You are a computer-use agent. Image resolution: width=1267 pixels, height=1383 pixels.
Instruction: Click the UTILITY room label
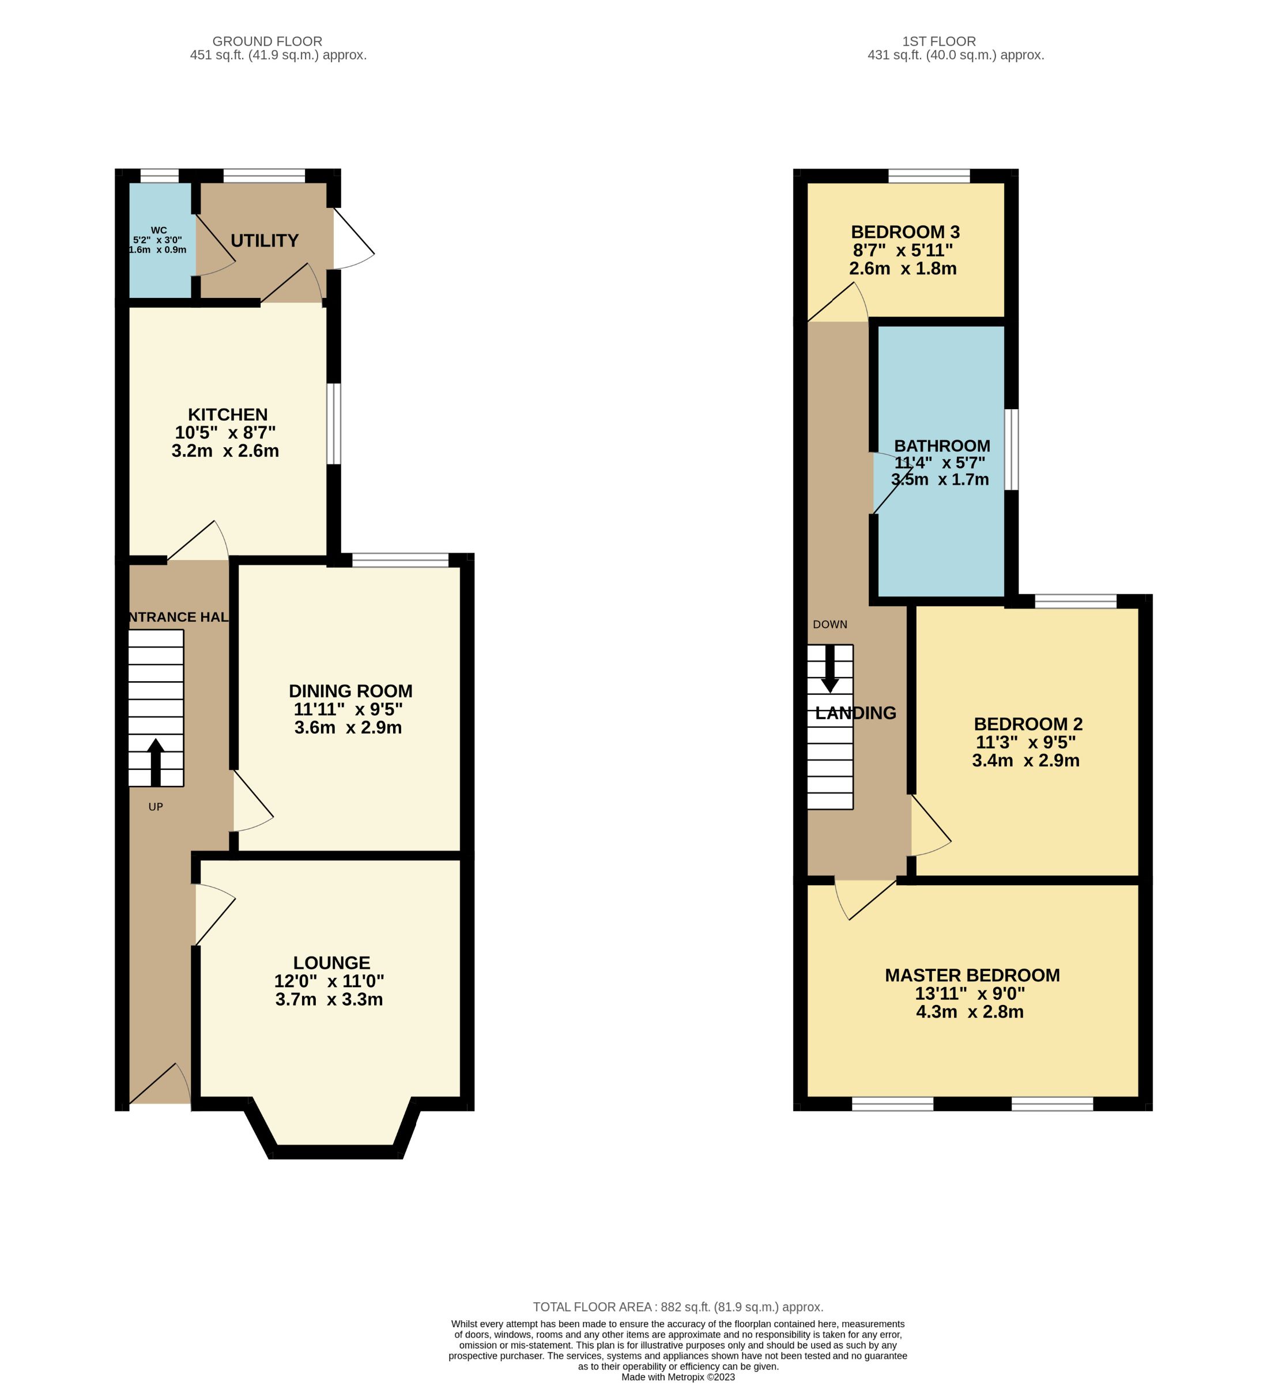pos(264,241)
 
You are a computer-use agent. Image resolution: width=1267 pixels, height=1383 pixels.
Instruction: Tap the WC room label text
pos(159,231)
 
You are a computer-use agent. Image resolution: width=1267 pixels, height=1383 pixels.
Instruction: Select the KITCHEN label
pos(228,414)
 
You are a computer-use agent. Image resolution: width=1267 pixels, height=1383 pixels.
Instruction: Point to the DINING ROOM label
pos(350,691)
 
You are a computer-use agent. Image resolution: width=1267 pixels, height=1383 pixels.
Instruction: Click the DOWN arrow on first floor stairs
pos(830,668)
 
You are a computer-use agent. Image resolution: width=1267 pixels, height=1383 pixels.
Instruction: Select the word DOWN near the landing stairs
pos(830,624)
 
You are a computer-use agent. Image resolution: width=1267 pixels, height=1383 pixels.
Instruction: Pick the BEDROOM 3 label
pos(904,232)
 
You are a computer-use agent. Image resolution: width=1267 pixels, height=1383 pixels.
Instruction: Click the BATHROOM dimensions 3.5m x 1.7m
pos(940,479)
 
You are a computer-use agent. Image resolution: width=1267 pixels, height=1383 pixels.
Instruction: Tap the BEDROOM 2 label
pos(1027,724)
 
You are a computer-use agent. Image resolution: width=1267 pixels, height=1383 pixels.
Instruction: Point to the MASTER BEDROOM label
pos(972,975)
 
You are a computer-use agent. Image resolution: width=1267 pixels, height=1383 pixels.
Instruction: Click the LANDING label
pos(855,713)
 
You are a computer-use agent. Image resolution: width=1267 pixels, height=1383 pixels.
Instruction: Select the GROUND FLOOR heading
pos(267,41)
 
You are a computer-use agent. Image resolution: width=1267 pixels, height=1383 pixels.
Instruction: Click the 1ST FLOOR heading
pos(938,41)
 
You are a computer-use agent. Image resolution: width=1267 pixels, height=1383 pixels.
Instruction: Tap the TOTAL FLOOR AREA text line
pos(677,1307)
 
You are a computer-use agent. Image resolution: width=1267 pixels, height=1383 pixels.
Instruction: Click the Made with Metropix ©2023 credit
pos(677,1377)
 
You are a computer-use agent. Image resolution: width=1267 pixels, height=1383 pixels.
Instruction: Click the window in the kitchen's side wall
pos(333,424)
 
